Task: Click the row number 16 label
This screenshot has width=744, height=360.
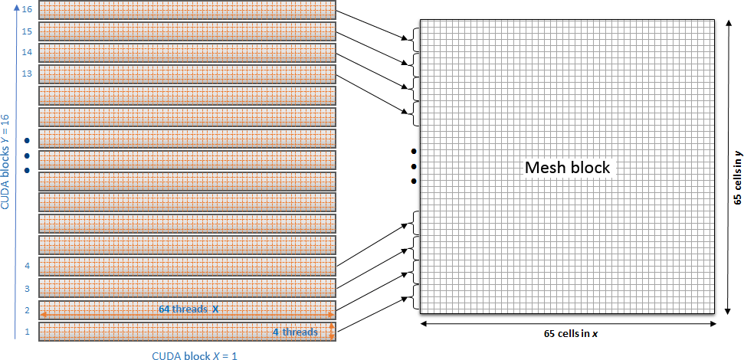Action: click(28, 9)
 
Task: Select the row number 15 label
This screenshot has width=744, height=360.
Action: click(28, 31)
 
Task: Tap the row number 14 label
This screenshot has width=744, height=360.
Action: click(28, 52)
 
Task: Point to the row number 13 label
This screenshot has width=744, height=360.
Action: click(28, 74)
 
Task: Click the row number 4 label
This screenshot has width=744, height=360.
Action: click(27, 266)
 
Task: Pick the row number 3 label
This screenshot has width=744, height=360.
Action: click(27, 289)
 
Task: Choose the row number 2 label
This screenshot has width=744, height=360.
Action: click(27, 310)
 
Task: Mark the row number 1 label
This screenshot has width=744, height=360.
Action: click(27, 332)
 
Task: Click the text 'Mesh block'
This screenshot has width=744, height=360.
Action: click(567, 167)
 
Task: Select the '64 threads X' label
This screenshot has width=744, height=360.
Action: click(188, 309)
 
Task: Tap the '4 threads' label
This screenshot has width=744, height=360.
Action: click(295, 332)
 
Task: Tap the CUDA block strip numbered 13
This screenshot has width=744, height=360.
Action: click(187, 74)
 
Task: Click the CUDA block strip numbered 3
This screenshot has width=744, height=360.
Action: click(187, 288)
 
